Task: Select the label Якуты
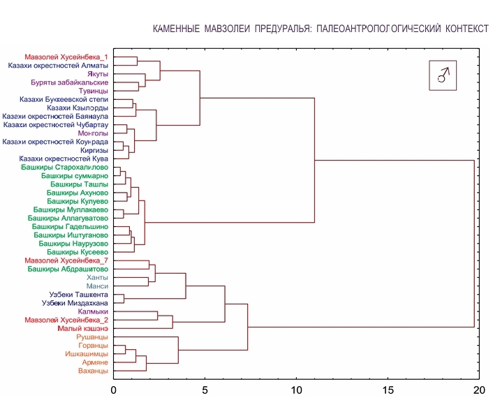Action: [x=98, y=74]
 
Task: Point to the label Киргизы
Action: [x=92, y=149]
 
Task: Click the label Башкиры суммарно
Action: [x=73, y=175]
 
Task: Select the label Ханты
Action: [x=96, y=277]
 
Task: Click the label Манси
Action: [x=96, y=286]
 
